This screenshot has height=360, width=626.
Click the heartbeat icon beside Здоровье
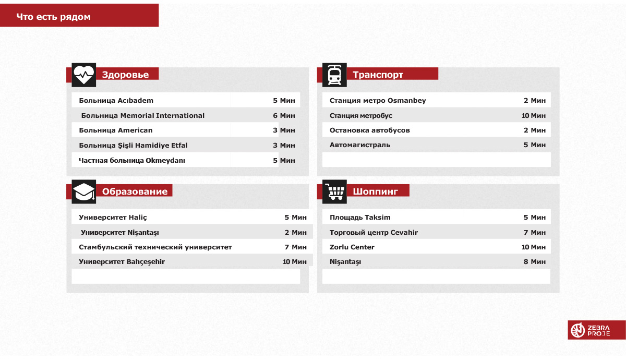(83, 75)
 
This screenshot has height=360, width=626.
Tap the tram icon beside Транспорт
(334, 75)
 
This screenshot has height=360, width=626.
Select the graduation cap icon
(83, 191)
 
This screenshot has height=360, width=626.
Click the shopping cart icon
(334, 191)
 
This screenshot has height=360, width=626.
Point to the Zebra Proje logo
(596, 330)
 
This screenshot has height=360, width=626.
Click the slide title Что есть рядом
(53, 17)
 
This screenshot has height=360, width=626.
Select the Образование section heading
(135, 191)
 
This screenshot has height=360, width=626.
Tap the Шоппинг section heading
(375, 191)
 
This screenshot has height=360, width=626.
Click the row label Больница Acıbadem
(116, 101)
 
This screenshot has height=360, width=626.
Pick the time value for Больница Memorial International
(284, 116)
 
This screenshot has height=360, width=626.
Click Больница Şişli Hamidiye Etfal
(133, 146)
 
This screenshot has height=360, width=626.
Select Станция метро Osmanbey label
(378, 101)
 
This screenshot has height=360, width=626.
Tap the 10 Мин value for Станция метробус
(533, 116)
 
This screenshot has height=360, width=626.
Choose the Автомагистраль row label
(359, 145)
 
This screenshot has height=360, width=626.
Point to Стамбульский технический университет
(155, 247)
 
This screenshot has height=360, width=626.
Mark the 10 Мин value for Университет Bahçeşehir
(294, 262)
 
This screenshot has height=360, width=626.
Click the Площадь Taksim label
(360, 218)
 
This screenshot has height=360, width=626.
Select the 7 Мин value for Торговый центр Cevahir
(535, 233)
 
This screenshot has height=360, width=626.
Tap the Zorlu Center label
(352, 247)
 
